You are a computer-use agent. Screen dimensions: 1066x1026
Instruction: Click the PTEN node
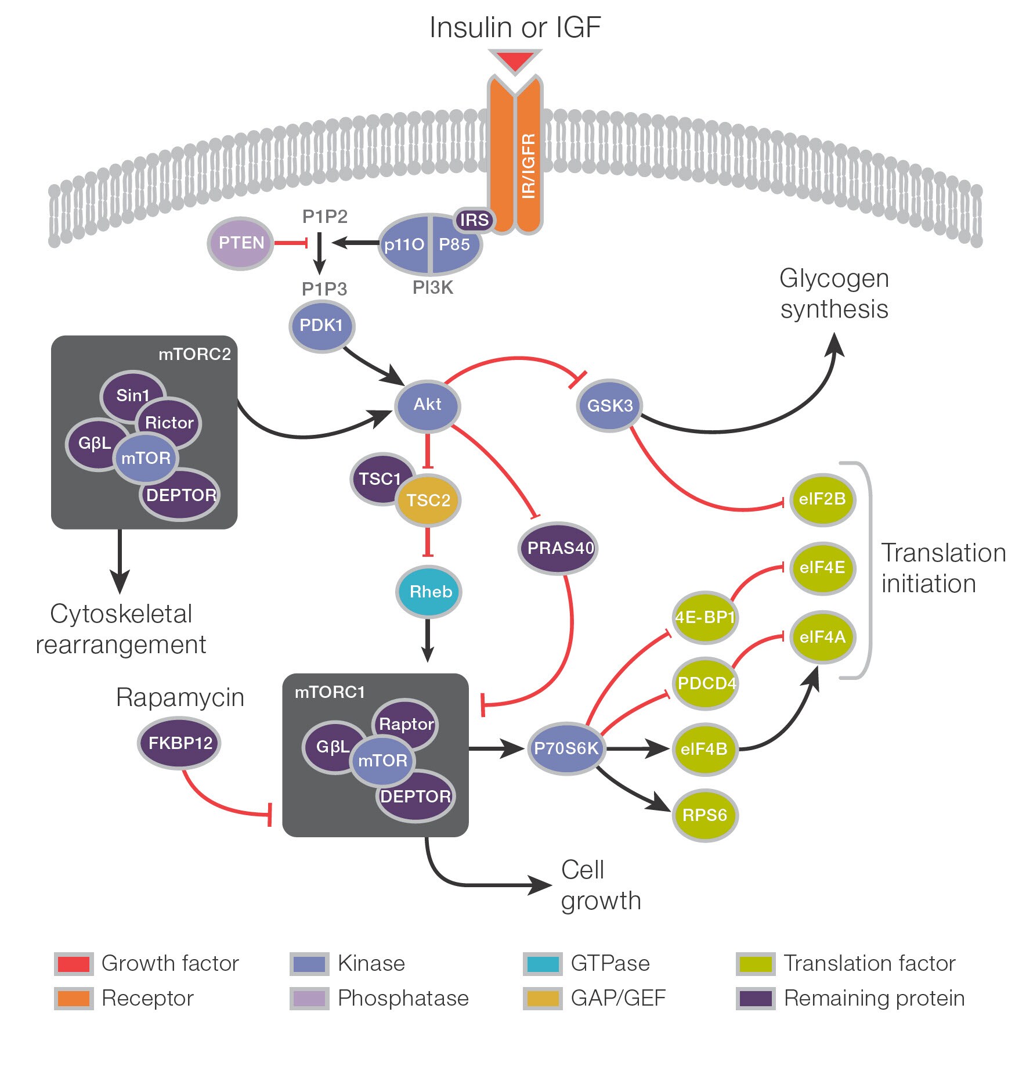tap(240, 243)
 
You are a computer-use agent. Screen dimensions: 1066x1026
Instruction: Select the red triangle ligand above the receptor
tap(515, 60)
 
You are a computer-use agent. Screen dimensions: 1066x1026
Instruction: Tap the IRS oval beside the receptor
tap(474, 220)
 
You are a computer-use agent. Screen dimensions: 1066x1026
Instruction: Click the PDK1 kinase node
tap(321, 326)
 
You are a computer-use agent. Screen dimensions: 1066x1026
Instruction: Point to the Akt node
tap(428, 405)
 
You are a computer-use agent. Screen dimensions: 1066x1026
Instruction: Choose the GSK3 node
tap(609, 405)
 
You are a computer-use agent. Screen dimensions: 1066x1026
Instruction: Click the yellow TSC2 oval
tap(428, 500)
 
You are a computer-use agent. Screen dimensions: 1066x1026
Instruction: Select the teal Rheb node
tap(429, 592)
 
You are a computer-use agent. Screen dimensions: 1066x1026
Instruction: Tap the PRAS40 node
tap(559, 548)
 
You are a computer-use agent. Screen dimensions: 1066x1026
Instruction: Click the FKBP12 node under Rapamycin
tap(179, 743)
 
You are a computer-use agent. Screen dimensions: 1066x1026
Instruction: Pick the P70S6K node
tap(566, 748)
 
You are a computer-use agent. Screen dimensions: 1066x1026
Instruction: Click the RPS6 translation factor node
tap(705, 815)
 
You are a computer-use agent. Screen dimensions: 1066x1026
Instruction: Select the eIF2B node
tap(822, 499)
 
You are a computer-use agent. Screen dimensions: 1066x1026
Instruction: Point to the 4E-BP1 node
tap(705, 617)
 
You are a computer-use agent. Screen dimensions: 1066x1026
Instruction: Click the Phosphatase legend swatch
tap(309, 999)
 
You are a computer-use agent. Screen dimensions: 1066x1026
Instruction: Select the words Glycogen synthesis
tap(834, 294)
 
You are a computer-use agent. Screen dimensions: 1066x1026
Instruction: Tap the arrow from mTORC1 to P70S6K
tap(497, 749)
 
